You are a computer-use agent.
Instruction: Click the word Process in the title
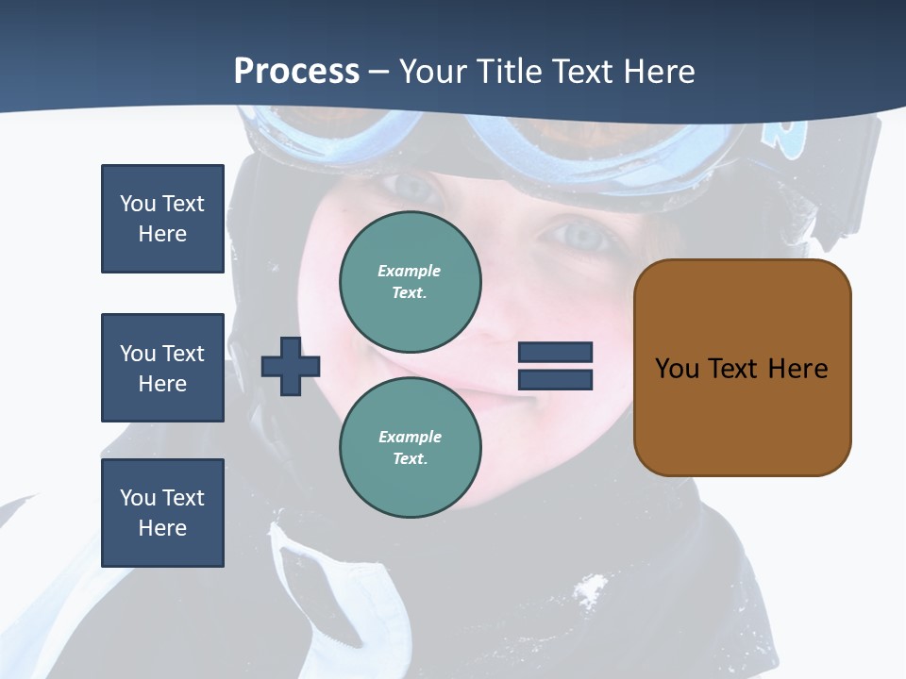pos(296,72)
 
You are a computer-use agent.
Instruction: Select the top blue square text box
pos(162,219)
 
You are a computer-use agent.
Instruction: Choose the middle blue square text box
pos(162,368)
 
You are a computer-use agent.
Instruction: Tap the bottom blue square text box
pos(162,513)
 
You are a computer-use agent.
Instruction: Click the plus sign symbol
pos(291,366)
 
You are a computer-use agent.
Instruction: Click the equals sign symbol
pos(555,366)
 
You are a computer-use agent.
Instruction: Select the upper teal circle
pos(411,282)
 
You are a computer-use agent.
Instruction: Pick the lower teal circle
pos(411,447)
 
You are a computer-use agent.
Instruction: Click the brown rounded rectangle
pos(742,368)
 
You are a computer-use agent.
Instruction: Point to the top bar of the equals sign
pos(555,353)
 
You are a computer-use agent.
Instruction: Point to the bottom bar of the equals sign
pos(555,380)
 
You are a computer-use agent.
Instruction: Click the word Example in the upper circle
pos(410,271)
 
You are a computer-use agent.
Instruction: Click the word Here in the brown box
pos(797,369)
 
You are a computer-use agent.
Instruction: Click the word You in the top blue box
pos(137,204)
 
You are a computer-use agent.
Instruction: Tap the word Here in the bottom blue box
pos(162,528)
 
